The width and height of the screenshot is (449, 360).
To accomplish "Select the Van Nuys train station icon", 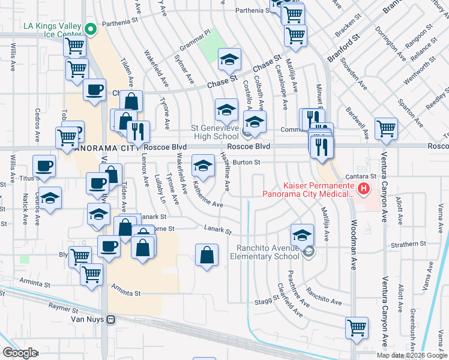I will click(110, 320).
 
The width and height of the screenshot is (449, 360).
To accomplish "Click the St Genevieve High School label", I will click(215, 132).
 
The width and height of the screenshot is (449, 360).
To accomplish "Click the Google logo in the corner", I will click(19, 352).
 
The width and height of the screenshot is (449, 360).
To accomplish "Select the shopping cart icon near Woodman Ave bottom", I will click(357, 328).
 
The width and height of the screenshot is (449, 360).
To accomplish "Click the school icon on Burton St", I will click(203, 166).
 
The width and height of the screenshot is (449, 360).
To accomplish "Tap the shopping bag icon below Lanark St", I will click(206, 254).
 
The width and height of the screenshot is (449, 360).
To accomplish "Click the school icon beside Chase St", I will click(229, 59).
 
